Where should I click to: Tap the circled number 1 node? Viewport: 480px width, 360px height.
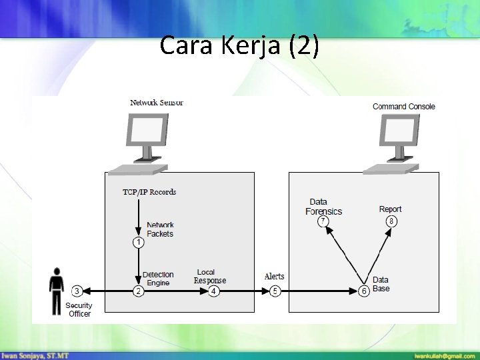[138, 243]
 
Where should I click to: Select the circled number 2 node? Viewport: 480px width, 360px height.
[138, 291]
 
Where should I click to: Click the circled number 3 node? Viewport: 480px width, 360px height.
[77, 291]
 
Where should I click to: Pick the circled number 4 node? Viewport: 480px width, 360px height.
[213, 291]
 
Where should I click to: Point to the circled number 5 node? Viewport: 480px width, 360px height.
[275, 291]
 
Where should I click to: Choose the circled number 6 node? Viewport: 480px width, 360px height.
[364, 291]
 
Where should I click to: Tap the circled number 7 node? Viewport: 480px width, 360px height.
[323, 221]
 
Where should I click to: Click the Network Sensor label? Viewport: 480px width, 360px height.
[157, 103]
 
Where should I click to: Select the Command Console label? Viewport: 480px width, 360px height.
[404, 106]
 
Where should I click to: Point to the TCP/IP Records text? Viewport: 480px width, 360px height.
[149, 192]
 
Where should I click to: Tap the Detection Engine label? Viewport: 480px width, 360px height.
[158, 279]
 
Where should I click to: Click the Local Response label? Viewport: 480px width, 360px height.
[210, 276]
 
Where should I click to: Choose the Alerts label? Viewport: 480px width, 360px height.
[275, 276]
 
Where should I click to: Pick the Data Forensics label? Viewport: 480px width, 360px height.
[324, 207]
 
